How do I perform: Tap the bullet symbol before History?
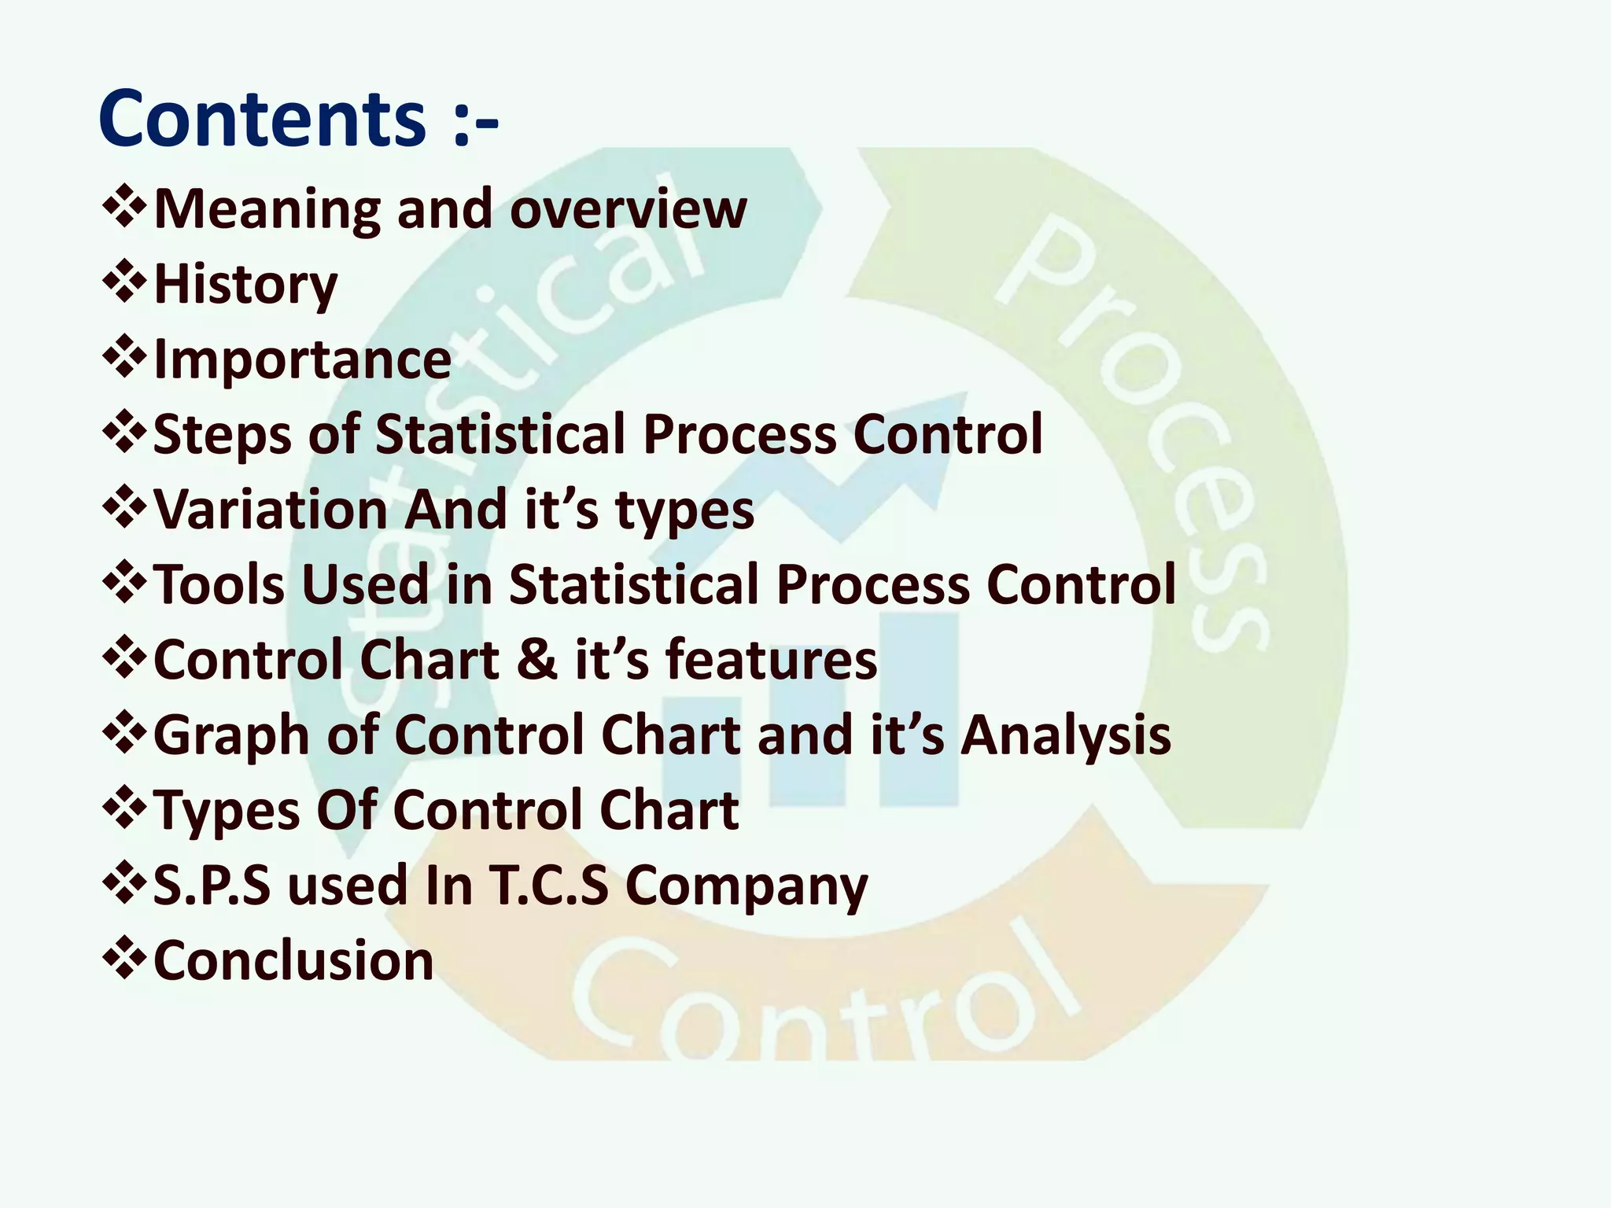click(x=124, y=284)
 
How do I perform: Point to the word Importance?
click(x=302, y=359)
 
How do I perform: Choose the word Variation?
click(x=270, y=510)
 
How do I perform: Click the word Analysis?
click(x=1066, y=735)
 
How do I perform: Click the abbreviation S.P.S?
click(x=212, y=885)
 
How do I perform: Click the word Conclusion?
click(x=293, y=960)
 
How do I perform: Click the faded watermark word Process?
click(x=1133, y=433)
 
